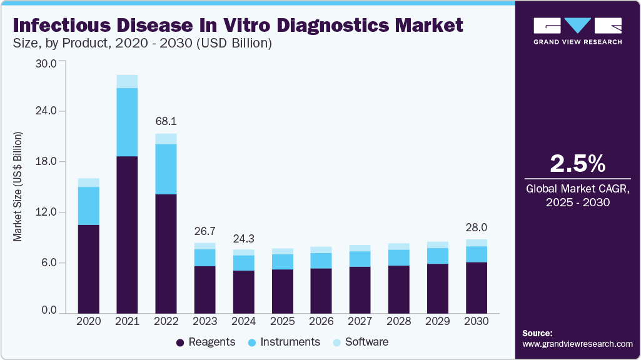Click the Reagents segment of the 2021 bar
tap(127, 234)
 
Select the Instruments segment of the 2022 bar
tap(166, 169)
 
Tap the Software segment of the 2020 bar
tap(88, 182)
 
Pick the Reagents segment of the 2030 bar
tap(477, 287)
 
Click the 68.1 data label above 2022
tap(166, 120)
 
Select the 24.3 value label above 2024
tap(243, 239)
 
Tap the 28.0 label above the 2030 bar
tap(477, 227)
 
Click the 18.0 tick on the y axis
tap(48, 161)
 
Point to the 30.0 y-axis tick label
tap(48, 63)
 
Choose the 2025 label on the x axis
tap(282, 321)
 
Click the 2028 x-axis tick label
tap(399, 321)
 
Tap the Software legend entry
tap(366, 342)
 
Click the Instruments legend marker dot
tap(251, 342)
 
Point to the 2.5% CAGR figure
tap(577, 164)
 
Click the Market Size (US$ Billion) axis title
tap(18, 186)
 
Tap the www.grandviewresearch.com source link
tap(577, 344)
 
